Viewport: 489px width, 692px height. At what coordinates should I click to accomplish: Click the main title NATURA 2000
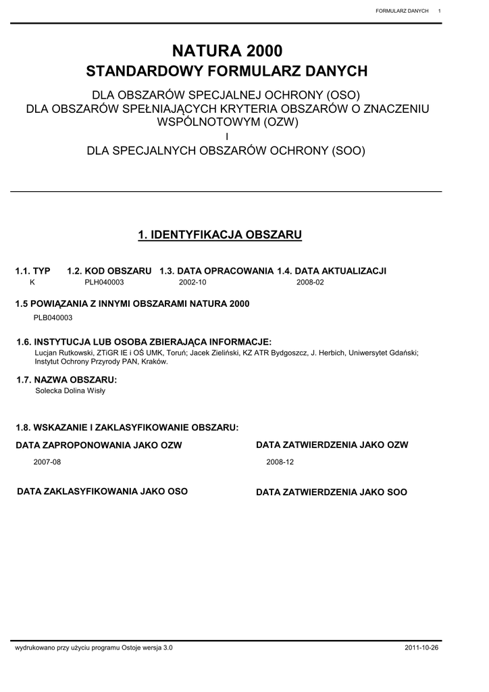(x=227, y=51)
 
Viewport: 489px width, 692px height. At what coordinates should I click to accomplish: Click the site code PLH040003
(x=104, y=282)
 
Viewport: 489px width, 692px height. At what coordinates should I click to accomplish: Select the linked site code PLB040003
(x=53, y=317)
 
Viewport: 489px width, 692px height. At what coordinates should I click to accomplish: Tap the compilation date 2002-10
(x=192, y=282)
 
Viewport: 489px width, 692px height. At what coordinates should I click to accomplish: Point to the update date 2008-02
(x=310, y=282)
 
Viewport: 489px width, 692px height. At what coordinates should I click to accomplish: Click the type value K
(x=32, y=282)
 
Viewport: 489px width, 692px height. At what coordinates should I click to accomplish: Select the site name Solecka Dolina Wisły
(x=70, y=391)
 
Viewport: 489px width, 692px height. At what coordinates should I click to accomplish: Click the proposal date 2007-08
(x=47, y=462)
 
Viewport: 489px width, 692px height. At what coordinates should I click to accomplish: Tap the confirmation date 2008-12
(x=280, y=462)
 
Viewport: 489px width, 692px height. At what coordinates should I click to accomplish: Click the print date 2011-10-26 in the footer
(x=421, y=648)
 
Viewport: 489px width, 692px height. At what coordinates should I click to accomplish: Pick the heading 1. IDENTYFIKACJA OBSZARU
(x=220, y=235)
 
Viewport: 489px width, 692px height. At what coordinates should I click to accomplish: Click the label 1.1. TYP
(x=33, y=271)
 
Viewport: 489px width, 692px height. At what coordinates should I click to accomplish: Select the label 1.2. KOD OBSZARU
(x=109, y=271)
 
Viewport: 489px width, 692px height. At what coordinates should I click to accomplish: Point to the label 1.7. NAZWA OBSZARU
(x=66, y=380)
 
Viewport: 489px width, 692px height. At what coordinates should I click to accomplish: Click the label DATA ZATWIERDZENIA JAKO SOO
(x=332, y=493)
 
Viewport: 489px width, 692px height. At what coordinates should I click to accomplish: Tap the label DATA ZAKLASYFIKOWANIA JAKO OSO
(x=102, y=491)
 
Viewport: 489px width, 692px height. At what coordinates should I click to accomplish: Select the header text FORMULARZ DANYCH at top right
(x=402, y=11)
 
